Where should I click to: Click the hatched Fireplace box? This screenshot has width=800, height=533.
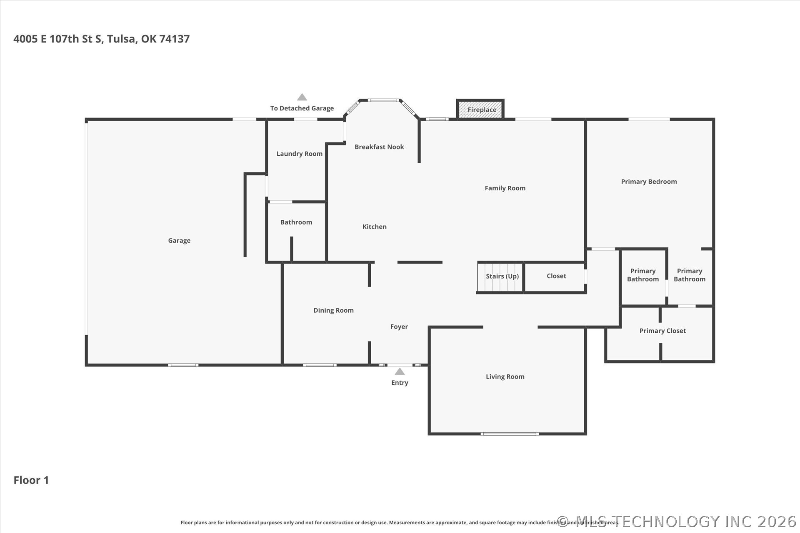pos(480,109)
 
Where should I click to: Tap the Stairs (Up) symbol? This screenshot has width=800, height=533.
pos(500,277)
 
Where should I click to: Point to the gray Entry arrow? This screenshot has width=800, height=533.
pos(400,371)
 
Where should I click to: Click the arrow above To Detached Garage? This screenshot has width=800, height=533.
pos(302,97)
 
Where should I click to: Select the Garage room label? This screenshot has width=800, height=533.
pos(179,241)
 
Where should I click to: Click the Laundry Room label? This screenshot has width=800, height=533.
pos(300,154)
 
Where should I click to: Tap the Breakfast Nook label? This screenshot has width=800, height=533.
pos(379,147)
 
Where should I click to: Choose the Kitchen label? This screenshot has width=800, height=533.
pos(375,227)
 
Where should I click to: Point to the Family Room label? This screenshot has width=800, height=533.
pos(505,188)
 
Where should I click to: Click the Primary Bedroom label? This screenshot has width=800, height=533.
pos(649,182)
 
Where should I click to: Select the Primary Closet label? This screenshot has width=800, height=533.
pos(662,331)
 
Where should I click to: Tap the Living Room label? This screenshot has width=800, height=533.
pos(505,377)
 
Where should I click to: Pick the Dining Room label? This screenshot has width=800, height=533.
pos(333,310)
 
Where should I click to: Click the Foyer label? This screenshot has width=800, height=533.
pos(399,327)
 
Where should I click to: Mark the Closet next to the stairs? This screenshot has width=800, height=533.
pos(556,276)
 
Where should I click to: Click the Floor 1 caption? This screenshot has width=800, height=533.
pos(31,480)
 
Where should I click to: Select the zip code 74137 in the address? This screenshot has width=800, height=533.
pos(175,39)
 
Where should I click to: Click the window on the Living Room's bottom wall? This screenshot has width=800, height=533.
pos(510,434)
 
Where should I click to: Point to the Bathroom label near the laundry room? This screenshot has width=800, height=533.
pos(296,222)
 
